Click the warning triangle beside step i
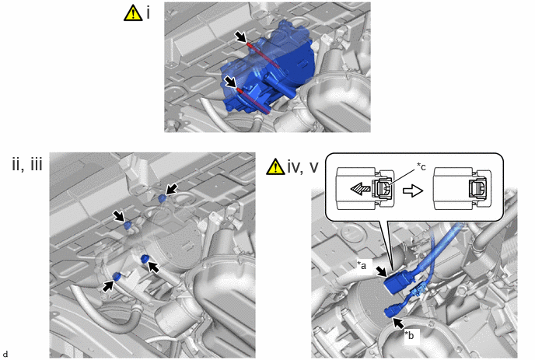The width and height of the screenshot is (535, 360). pyautogui.click(x=133, y=14)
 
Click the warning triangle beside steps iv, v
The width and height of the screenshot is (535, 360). pyautogui.click(x=275, y=167)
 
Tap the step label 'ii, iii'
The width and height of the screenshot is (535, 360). pyautogui.click(x=27, y=165)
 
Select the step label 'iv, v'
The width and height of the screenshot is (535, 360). pyautogui.click(x=303, y=167)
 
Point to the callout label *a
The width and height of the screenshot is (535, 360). pyautogui.click(x=362, y=264)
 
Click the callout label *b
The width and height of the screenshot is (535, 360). pyautogui.click(x=409, y=335)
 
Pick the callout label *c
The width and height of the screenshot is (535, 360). pyautogui.click(x=421, y=166)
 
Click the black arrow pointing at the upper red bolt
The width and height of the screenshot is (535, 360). pyautogui.click(x=240, y=37)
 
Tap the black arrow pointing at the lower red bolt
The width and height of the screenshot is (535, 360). pyautogui.click(x=230, y=82)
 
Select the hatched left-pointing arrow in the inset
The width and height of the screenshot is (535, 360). pyautogui.click(x=361, y=189)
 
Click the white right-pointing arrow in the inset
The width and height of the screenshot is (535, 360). pyautogui.click(x=413, y=190)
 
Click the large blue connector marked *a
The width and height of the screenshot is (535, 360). pyautogui.click(x=399, y=282)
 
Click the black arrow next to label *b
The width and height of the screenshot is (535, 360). pyautogui.click(x=399, y=323)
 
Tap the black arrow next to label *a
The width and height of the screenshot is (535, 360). pyautogui.click(x=382, y=271)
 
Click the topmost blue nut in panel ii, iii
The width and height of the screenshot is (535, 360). pyautogui.click(x=163, y=198)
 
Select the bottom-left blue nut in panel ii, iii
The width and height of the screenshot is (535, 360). pyautogui.click(x=117, y=276)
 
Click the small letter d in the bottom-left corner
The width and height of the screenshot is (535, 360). pyautogui.click(x=5, y=354)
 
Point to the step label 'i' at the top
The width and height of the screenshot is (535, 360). pyautogui.click(x=148, y=13)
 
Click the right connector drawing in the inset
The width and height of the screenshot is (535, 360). pyautogui.click(x=462, y=188)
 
